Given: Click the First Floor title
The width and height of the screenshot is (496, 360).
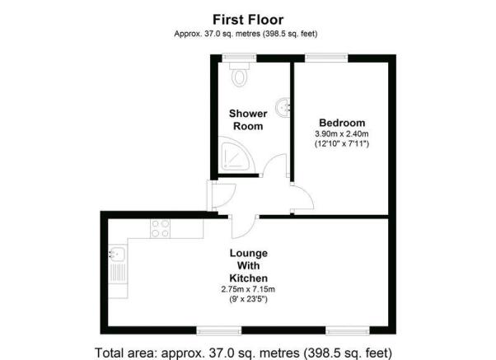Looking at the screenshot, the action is [x=248, y=20].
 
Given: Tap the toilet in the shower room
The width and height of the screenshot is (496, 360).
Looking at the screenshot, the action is [x=240, y=74].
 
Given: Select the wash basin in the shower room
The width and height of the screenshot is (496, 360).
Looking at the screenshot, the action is [x=283, y=108].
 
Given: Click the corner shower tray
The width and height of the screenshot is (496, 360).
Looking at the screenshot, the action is [x=236, y=155].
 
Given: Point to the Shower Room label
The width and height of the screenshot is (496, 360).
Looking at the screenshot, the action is [x=248, y=119].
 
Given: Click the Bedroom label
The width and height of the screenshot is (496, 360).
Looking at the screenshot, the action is [x=342, y=123].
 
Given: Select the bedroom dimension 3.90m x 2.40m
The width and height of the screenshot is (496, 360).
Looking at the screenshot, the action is [x=342, y=133].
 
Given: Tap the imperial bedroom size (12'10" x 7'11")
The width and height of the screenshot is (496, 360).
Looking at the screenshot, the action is [x=342, y=143].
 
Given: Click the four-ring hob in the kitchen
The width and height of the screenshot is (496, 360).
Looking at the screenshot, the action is [x=160, y=228].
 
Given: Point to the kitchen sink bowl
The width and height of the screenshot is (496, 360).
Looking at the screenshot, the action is [x=117, y=254].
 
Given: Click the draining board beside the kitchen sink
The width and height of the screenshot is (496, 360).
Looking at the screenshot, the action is [x=118, y=273].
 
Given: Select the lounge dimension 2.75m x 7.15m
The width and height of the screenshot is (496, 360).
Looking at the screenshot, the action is [x=248, y=289].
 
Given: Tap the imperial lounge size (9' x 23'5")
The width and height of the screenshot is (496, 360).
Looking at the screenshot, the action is [x=248, y=299].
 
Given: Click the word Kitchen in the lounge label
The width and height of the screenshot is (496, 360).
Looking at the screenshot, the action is [x=248, y=278].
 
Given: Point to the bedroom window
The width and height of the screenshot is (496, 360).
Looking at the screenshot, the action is [x=326, y=58].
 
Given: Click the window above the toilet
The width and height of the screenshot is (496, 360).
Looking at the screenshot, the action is [x=239, y=58].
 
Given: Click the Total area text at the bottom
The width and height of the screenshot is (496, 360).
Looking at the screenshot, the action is [x=244, y=353].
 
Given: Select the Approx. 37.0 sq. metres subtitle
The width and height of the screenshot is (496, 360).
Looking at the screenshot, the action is [x=246, y=34].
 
